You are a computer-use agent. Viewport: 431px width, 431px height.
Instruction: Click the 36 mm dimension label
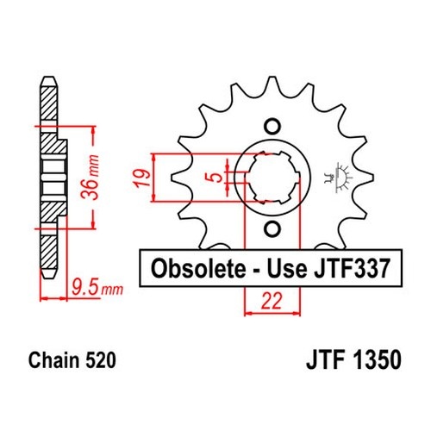pos(90,177)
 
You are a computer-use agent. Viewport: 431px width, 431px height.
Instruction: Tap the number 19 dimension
pos(142,178)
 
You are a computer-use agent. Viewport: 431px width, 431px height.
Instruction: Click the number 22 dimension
pos(272,301)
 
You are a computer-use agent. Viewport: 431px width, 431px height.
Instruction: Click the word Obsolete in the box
pos(198,269)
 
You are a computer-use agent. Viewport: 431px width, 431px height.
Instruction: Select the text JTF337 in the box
pos(353,268)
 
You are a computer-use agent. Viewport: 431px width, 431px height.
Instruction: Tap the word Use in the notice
pos(287,268)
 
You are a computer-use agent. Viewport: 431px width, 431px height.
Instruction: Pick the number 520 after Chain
pos(100,360)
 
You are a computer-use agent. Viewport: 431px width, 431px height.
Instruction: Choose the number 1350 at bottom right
pos(377,359)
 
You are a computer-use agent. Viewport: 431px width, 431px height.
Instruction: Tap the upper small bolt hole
pos(272,127)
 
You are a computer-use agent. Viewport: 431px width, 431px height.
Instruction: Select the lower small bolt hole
pos(272,229)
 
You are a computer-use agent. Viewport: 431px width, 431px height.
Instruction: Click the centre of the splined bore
pos(272,178)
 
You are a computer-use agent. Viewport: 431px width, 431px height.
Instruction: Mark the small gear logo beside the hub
pos(339,178)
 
